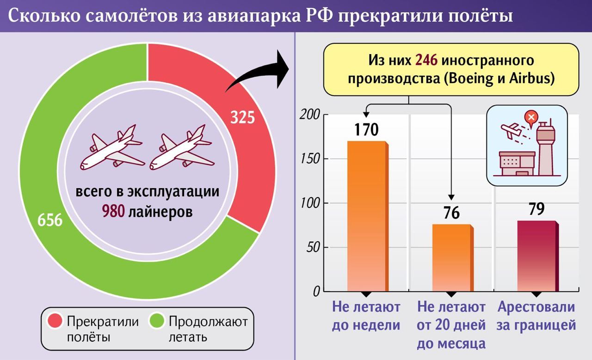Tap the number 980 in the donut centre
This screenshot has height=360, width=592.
(112, 212)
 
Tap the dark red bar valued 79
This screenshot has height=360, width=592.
(536, 256)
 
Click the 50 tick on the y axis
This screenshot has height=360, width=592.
(314, 247)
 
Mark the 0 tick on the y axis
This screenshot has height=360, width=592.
(316, 292)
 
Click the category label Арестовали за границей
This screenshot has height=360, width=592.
(536, 316)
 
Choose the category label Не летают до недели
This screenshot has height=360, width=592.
(366, 316)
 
